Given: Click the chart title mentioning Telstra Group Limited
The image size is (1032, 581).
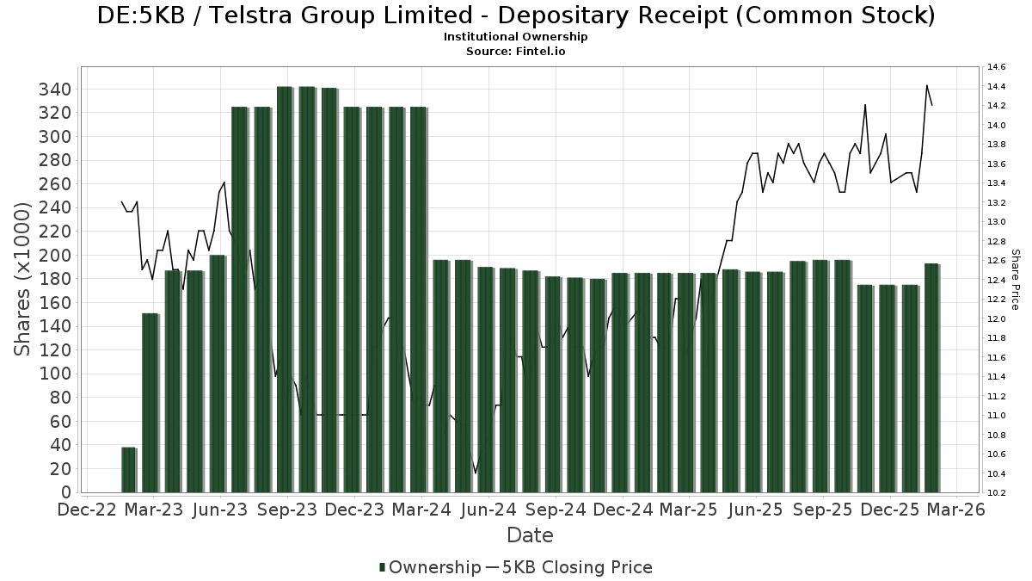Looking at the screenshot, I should pyautogui.click(x=516, y=15).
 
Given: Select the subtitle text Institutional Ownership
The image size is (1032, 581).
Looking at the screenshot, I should pyautogui.click(x=516, y=37).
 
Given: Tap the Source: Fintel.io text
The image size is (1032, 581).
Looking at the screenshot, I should pyautogui.click(x=516, y=51).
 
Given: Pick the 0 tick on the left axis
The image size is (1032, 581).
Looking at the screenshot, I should pyautogui.click(x=66, y=492).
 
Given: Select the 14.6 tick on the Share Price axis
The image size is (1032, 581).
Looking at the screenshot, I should pyautogui.click(x=997, y=67).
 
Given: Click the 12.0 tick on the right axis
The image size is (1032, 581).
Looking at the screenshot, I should pyautogui.click(x=997, y=318).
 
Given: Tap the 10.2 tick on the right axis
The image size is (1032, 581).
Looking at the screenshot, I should pyautogui.click(x=997, y=493).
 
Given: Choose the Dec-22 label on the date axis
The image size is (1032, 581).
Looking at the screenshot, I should pyautogui.click(x=87, y=510).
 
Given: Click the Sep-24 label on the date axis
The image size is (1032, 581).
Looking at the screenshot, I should pyautogui.click(x=556, y=510).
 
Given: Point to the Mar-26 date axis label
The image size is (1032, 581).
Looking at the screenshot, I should pyautogui.click(x=956, y=510).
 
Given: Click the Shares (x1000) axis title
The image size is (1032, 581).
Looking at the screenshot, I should pyautogui.click(x=23, y=279).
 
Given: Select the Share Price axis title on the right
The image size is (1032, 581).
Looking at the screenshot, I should pyautogui.click(x=1015, y=280).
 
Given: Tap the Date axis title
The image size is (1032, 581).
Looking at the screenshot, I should pyautogui.click(x=530, y=535).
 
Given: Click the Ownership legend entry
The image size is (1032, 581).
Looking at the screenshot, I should pyautogui.click(x=430, y=567).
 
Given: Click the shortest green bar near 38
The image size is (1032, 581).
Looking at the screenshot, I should pyautogui.click(x=129, y=470).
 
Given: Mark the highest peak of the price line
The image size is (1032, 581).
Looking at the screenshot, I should pyautogui.click(x=926, y=85).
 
